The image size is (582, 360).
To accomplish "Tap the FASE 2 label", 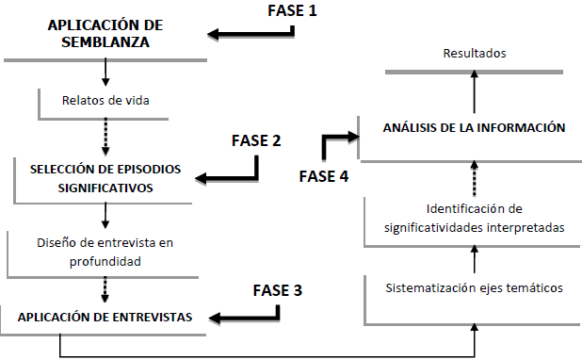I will [256, 140].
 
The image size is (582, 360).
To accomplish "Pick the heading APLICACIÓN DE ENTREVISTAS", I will [105, 318].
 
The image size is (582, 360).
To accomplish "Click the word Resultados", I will [475, 54].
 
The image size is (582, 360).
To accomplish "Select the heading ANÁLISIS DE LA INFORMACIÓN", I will [475, 126].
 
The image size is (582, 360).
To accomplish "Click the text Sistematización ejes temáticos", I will [475, 286].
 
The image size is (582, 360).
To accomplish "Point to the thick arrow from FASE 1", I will [252, 35].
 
